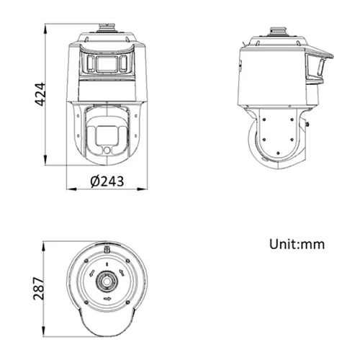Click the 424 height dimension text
click(41, 94)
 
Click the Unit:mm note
click(297, 244)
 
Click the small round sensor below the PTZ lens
click(107, 149)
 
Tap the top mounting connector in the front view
click(107, 30)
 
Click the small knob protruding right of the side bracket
click(308, 122)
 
